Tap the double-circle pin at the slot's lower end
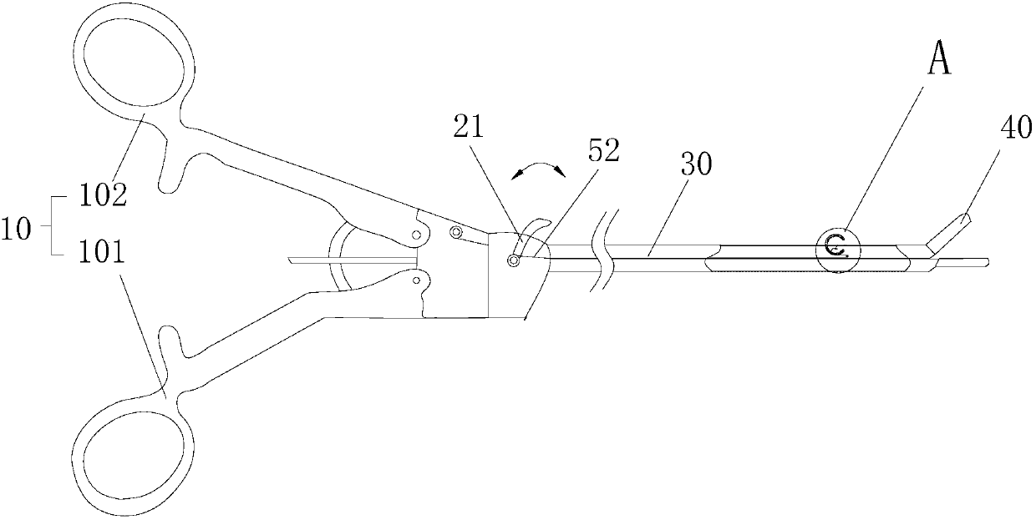coord(514,260)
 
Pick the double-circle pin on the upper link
coord(456,231)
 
